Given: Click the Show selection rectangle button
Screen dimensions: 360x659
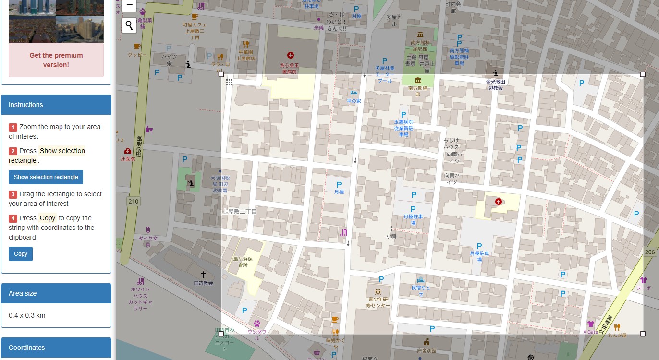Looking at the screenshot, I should pyautogui.click(x=46, y=177).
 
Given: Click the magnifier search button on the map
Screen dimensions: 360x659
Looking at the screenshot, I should pyautogui.click(x=129, y=25).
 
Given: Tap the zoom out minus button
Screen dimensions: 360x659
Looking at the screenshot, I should pyautogui.click(x=129, y=5).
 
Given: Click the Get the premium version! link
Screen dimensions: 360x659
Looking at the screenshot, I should pyautogui.click(x=56, y=60).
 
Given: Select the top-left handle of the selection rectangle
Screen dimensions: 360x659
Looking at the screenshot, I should pyautogui.click(x=221, y=74).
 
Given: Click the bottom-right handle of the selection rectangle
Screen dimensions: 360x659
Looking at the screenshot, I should pyautogui.click(x=643, y=334).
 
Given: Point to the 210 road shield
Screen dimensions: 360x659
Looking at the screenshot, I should pyautogui.click(x=133, y=201).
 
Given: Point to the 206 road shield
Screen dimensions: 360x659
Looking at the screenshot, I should pyautogui.click(x=650, y=252).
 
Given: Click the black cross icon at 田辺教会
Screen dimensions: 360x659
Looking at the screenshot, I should pyautogui.click(x=203, y=275).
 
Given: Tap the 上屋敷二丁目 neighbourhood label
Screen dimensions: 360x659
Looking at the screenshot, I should pyautogui.click(x=240, y=211).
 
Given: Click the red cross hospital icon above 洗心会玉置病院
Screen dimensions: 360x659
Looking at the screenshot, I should pyautogui.click(x=290, y=55).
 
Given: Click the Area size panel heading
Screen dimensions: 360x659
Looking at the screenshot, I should pyautogui.click(x=23, y=293).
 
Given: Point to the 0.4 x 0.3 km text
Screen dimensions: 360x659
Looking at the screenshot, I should pyautogui.click(x=27, y=315).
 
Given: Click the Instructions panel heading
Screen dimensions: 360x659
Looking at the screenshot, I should pyautogui.click(x=26, y=105).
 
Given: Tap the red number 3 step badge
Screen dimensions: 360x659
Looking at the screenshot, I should pyautogui.click(x=13, y=194).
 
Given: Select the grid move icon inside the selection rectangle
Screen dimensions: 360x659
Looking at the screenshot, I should pyautogui.click(x=230, y=83).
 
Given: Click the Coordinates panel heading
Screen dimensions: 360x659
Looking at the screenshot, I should pyautogui.click(x=27, y=348).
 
